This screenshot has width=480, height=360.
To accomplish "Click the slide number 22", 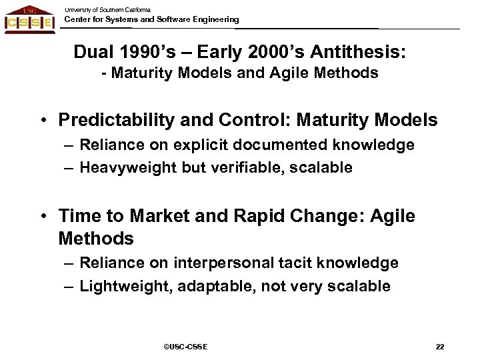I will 439,346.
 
